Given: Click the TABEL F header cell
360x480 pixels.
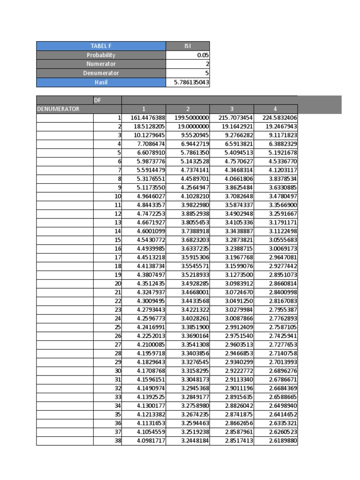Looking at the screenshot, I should [101, 46].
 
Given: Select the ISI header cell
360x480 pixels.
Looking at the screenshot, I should [187, 46].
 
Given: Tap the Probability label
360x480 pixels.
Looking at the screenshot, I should [101, 55].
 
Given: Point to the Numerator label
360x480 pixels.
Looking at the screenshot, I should [101, 64].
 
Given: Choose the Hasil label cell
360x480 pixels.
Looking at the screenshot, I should [101, 82].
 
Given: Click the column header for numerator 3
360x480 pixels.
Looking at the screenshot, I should [231, 109].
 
